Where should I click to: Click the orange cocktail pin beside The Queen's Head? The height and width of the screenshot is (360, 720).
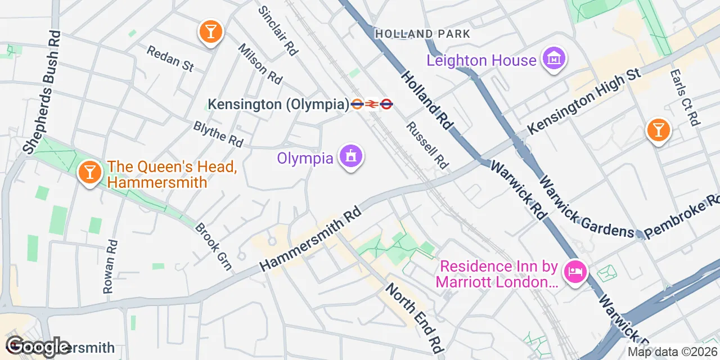pos(89,172)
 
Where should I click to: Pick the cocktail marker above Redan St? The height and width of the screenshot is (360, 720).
pos(210,32)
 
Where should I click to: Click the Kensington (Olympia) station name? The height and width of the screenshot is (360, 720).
pos(278,104)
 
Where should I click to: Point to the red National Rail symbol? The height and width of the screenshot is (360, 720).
pos(371,104)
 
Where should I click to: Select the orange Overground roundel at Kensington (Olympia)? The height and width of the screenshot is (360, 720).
pos(357,104)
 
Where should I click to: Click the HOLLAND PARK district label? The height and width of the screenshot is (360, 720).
pos(422,34)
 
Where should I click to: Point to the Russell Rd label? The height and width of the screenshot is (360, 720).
pos(427,145)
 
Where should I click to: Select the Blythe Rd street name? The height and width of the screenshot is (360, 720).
pos(218,134)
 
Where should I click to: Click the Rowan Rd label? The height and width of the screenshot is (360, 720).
pos(110,266)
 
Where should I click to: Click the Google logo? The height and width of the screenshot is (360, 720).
pos(38,346)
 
